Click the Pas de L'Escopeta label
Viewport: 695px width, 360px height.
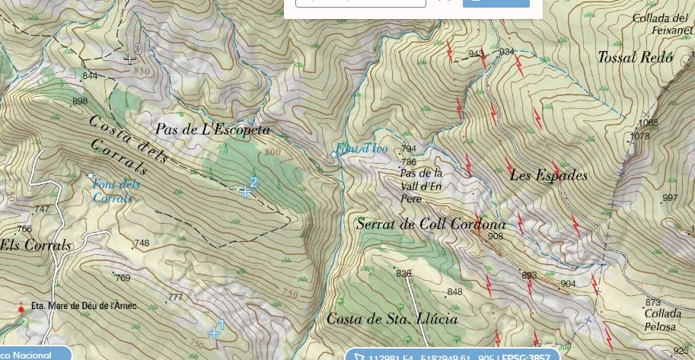212,130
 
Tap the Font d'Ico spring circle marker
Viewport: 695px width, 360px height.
333,155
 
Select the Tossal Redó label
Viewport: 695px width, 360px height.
635,57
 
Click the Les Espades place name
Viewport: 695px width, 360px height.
548,176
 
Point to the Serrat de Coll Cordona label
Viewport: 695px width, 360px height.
431,225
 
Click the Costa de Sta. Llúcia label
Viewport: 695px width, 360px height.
392,319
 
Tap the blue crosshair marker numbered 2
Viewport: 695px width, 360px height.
245,191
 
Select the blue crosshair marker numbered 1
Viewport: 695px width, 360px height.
214,333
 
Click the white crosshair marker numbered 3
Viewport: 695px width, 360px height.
130,58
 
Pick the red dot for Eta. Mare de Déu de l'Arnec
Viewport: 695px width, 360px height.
21,309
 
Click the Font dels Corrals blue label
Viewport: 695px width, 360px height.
116,191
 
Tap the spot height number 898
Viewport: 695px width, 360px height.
79,101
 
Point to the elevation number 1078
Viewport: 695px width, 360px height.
640,136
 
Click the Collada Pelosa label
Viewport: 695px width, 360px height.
659,320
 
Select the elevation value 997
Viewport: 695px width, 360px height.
669,198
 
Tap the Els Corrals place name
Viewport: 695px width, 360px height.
36,245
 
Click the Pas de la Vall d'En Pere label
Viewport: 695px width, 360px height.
421,185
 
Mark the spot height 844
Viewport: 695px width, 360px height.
90,76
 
